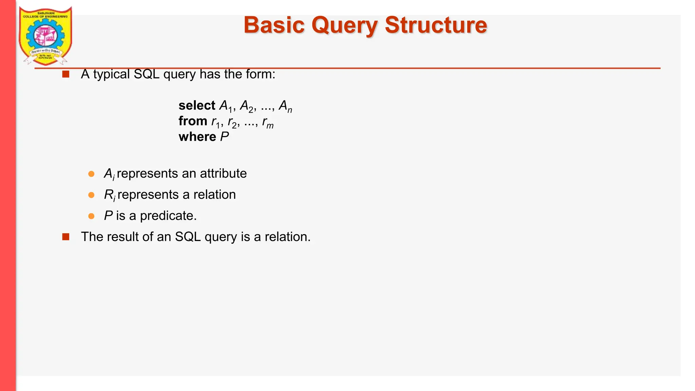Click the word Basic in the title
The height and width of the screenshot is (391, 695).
pos(274,25)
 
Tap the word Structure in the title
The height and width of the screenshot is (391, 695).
pos(436,25)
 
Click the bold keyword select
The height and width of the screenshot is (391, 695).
pos(197,106)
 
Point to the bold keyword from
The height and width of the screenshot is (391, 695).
pos(193,121)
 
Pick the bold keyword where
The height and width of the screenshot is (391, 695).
pos(197,137)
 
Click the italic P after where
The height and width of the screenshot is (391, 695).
pos(224,137)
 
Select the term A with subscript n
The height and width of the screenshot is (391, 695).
pos(285,106)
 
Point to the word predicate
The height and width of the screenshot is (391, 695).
pos(168,216)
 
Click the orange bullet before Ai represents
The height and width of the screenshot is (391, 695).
pos(91,174)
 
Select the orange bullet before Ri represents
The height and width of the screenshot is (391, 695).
pos(91,195)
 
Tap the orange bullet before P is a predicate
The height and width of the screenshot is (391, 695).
pos(91,216)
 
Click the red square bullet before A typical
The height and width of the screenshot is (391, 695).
pos(66,74)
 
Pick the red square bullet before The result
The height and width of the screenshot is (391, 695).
pos(66,237)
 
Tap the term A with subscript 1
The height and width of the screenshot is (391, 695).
pos(226,106)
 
